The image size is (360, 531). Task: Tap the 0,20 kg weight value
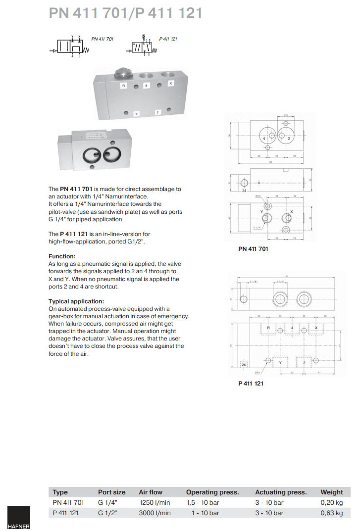[331, 502]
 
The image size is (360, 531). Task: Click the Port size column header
[111, 492]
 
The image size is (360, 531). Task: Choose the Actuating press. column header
[281, 492]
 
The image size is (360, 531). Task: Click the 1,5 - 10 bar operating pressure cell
[203, 502]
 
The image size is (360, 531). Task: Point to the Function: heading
[62, 256]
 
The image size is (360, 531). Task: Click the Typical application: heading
[76, 301]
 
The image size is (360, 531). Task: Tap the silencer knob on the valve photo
[122, 74]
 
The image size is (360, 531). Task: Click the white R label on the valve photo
[124, 85]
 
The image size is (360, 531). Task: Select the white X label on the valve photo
[170, 84]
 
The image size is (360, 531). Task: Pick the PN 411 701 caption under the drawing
[253, 249]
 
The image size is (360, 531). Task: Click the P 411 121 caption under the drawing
[251, 383]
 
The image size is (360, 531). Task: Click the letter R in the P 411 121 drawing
[268, 328]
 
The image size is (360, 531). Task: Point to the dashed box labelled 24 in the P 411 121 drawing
[243, 365]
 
